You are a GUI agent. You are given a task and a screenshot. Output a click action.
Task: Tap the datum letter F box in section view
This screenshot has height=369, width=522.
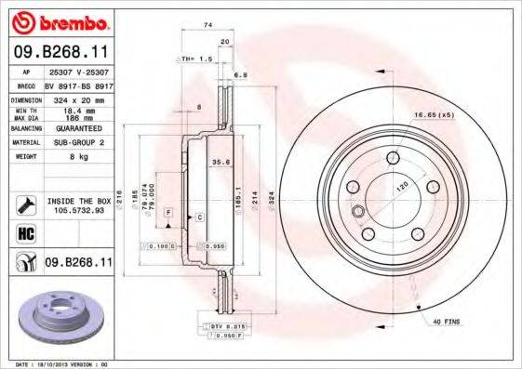pyautogui.click(x=169, y=213)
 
